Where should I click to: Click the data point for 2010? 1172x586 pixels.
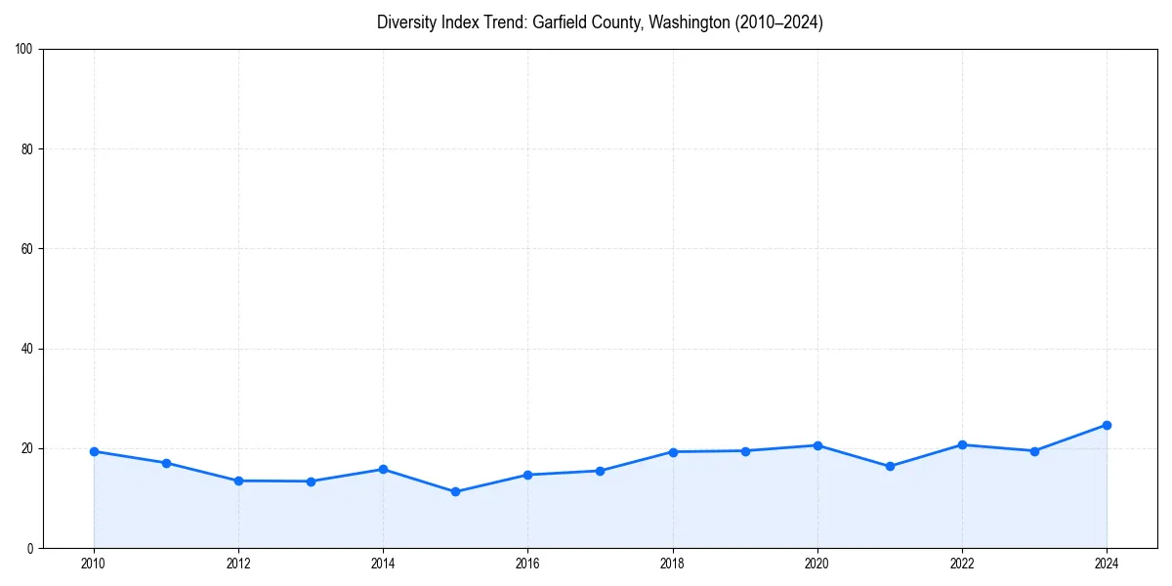pos(94,451)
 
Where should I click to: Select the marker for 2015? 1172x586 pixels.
pos(455,491)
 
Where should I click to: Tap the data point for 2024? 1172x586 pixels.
pos(1107,425)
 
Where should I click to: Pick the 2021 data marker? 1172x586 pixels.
pos(890,466)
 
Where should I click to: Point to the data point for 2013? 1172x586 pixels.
pos(311,481)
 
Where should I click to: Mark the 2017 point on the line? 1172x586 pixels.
pos(600,471)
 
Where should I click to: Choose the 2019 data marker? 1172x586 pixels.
pos(745,450)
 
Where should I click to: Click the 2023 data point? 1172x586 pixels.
pos(1034,451)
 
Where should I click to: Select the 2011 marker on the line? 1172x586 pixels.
pos(166,463)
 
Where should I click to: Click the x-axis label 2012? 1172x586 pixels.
pos(238,563)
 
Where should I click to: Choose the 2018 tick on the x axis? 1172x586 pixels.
pos(672,563)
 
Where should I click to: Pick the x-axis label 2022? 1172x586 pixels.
pos(962,563)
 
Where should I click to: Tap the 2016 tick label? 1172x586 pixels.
pos(527,563)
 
